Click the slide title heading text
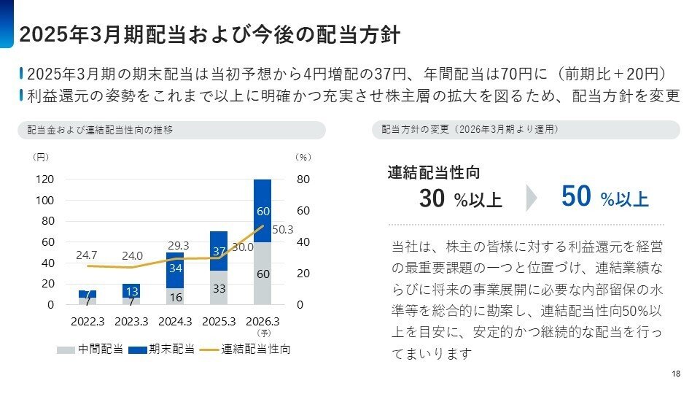[x=210, y=35]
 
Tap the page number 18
[x=676, y=374]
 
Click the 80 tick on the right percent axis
[x=303, y=179]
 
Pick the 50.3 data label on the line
[x=282, y=230]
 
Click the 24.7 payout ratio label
[x=87, y=255]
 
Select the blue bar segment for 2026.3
[x=262, y=211]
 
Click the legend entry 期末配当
[x=161, y=349]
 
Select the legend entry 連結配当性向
[x=246, y=349]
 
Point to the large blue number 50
[x=576, y=197]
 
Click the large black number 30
[x=433, y=198]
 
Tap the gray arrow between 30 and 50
[x=532, y=198]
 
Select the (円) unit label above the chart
[x=41, y=156]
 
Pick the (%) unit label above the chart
[x=303, y=156]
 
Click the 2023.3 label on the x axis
[x=131, y=321]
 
